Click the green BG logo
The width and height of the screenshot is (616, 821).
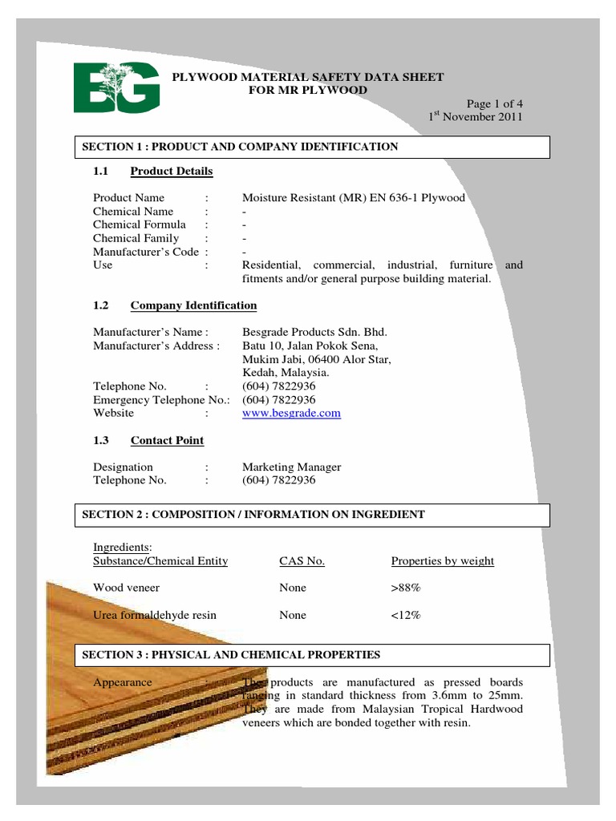116,87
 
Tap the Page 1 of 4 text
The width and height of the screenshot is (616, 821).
495,103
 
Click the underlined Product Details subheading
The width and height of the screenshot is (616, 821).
172,171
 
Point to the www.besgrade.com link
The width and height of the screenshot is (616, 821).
291,414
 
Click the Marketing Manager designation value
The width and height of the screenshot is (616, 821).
291,467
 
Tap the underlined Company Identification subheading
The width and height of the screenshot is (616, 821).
193,305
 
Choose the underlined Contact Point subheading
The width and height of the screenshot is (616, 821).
167,440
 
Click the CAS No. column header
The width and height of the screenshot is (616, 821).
302,561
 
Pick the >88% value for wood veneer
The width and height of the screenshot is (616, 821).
406,588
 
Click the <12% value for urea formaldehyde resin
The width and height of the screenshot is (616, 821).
406,616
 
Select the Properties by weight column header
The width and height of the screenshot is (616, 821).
442,561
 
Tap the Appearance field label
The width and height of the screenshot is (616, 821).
123,682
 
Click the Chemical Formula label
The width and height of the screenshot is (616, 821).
140,224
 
